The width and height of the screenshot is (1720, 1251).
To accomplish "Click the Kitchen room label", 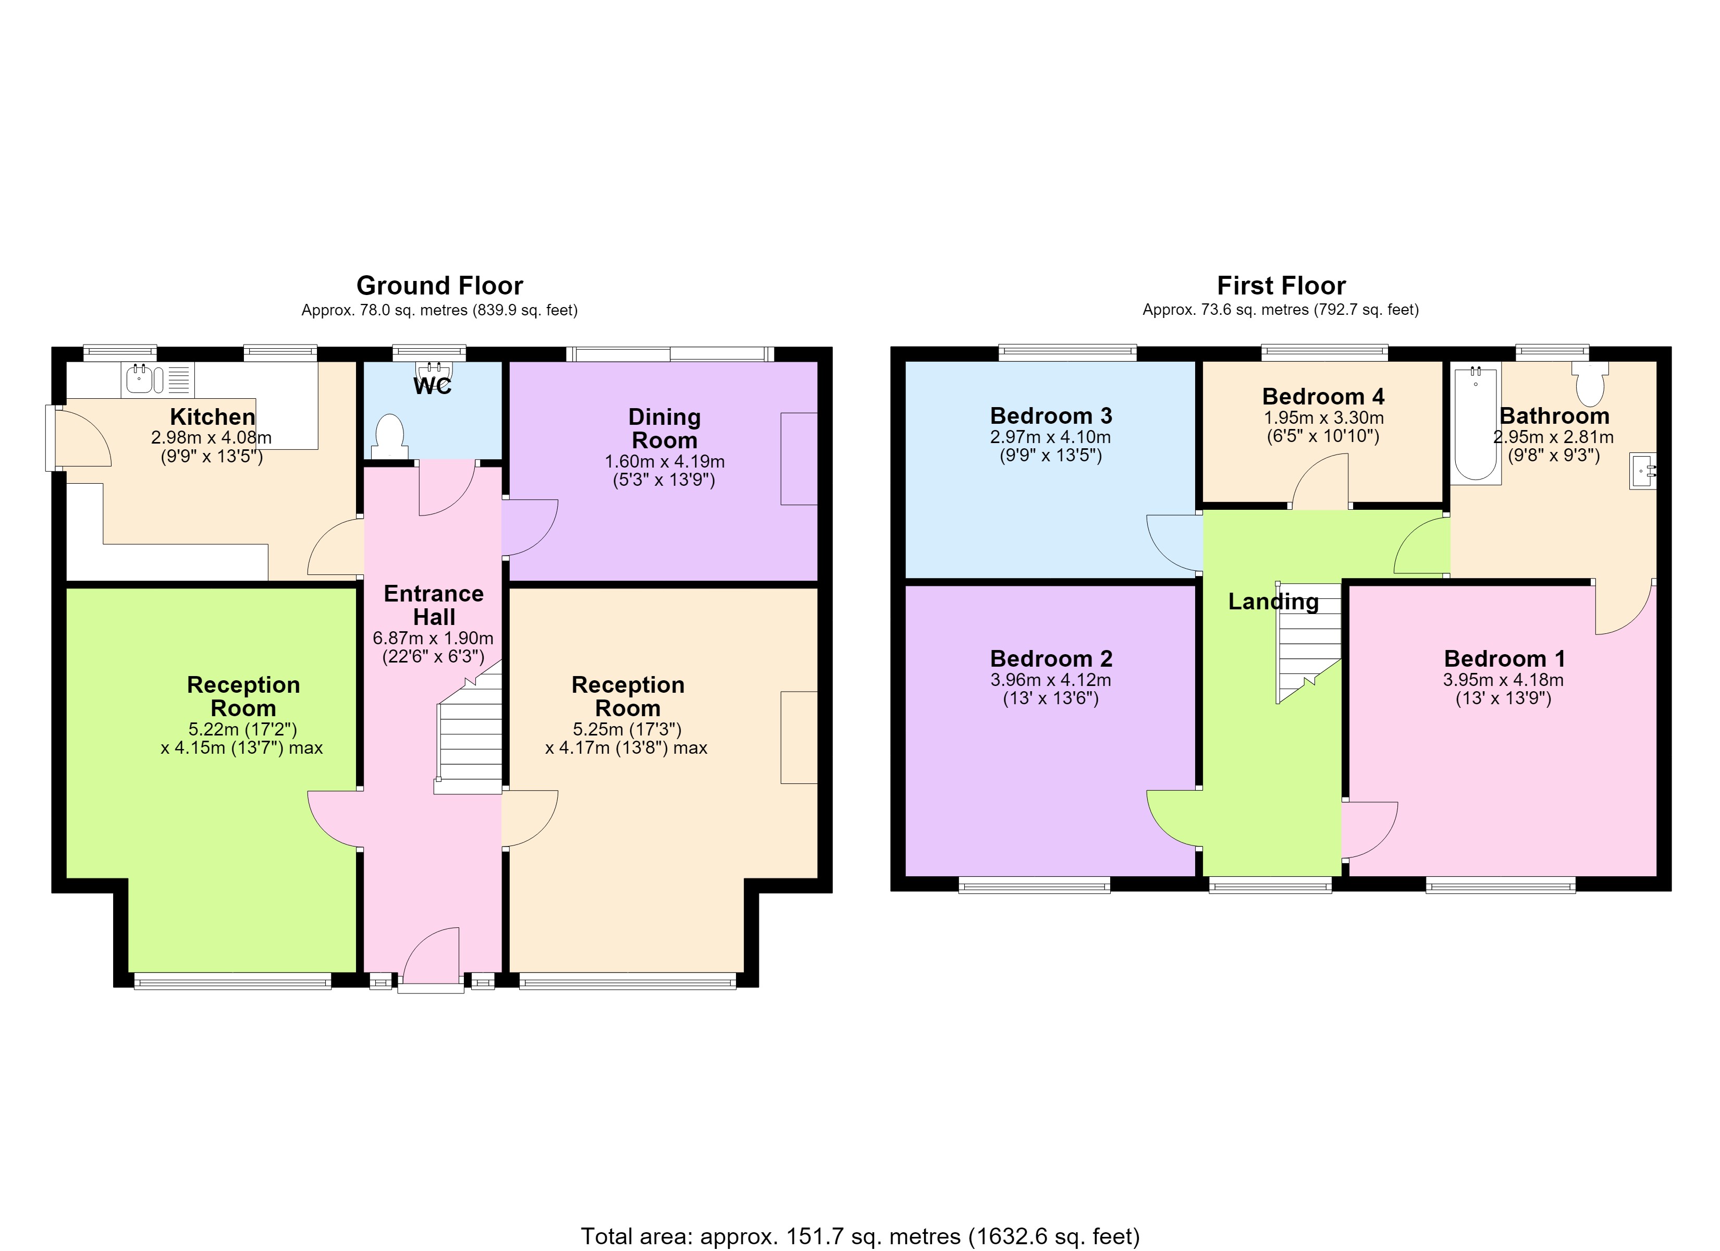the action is pyautogui.click(x=212, y=416).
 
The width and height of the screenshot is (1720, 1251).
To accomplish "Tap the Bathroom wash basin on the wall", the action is pyautogui.click(x=1643, y=471).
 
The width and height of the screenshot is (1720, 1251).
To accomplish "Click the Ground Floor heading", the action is pyautogui.click(x=440, y=286).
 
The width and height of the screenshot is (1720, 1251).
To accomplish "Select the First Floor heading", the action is pyautogui.click(x=1281, y=286).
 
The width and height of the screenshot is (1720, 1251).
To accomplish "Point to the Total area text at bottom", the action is pyautogui.click(x=860, y=1236).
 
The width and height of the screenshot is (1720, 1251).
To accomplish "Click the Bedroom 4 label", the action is pyautogui.click(x=1323, y=396).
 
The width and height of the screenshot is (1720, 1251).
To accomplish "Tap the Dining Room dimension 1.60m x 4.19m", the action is pyautogui.click(x=665, y=461).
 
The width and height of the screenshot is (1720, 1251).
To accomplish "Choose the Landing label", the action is pyautogui.click(x=1273, y=602).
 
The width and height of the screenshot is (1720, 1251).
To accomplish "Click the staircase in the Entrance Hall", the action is pyautogui.click(x=469, y=728).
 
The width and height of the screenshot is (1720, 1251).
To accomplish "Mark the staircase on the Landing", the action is pyautogui.click(x=1309, y=643).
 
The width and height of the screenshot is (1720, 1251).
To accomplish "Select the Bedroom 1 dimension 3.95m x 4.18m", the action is pyautogui.click(x=1503, y=680).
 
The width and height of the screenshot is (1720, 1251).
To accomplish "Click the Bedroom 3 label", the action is pyautogui.click(x=1051, y=416).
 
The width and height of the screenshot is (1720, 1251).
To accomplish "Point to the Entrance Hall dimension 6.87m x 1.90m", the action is pyautogui.click(x=433, y=638).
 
